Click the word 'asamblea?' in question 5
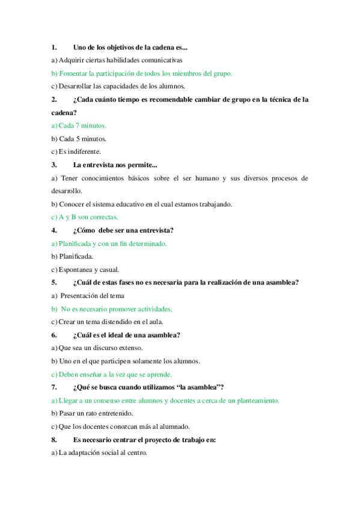tap(283, 283)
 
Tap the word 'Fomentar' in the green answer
tap(73, 73)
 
